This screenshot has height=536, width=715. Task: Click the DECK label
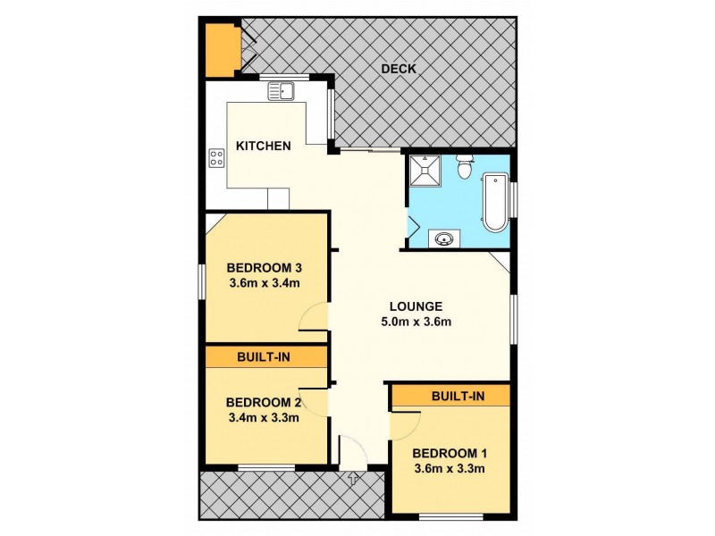(x=398, y=69)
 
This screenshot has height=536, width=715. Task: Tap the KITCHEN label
(x=263, y=145)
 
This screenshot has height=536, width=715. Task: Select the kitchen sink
(x=282, y=90)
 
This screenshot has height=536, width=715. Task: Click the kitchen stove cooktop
(x=216, y=158)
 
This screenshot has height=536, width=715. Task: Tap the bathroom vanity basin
(x=444, y=238)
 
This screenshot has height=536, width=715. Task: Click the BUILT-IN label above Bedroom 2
(x=262, y=356)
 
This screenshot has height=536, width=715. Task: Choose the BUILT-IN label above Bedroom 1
(x=458, y=395)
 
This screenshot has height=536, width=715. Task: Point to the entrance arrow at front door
(x=353, y=479)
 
